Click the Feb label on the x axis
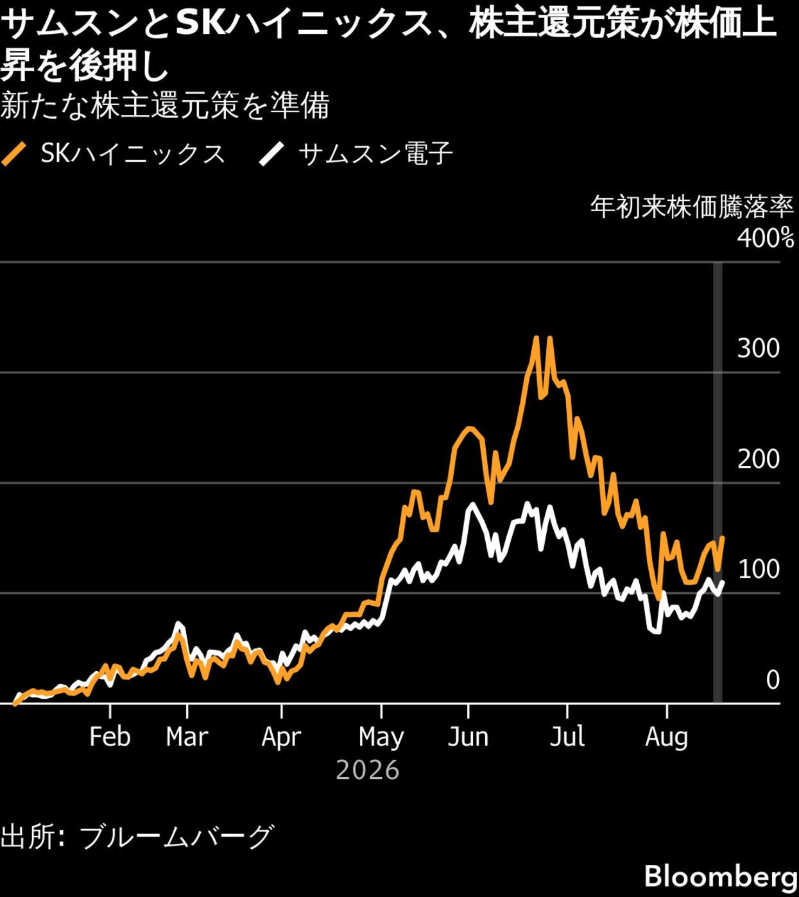(x=110, y=737)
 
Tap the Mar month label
(x=187, y=737)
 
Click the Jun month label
(x=468, y=737)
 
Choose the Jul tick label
(x=567, y=737)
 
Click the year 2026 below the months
(x=368, y=771)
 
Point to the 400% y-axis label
(x=766, y=239)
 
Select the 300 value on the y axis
(x=759, y=348)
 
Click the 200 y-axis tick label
(x=759, y=459)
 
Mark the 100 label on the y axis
(x=759, y=569)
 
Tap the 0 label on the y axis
(x=773, y=679)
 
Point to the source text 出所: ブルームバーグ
(x=138, y=837)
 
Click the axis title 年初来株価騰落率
(x=692, y=207)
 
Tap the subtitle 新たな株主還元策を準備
(x=165, y=106)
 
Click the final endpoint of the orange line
(x=723, y=538)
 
